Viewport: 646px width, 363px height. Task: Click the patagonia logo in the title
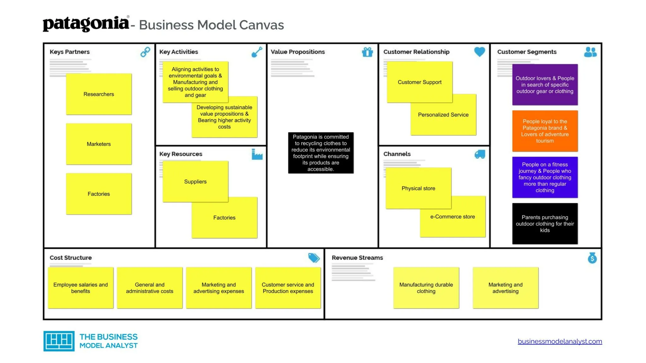coord(86,24)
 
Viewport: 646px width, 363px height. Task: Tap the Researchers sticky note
coord(99,94)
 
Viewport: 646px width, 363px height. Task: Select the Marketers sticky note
coord(99,144)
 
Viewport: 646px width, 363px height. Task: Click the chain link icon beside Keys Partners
coord(145,52)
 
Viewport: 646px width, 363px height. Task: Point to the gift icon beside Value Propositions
coord(367,52)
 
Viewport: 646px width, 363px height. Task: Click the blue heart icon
coord(479,52)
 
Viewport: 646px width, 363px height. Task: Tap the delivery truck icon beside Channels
coord(480,154)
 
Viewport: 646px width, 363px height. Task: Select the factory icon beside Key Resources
coord(257,154)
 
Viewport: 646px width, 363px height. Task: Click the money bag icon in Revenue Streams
coord(592,258)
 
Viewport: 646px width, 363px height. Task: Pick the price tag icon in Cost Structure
coord(314,258)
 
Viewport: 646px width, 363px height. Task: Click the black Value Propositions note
coord(321,153)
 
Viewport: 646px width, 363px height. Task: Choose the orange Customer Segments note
coord(545,131)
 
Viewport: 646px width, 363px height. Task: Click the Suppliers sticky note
coord(196,181)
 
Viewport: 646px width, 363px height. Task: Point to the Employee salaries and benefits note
coord(80,288)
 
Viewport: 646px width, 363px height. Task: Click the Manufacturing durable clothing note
coord(426,288)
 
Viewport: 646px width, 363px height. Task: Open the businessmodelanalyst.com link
coord(560,341)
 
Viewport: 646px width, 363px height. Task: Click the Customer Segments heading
coord(527,52)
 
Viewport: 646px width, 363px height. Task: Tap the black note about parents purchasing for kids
coord(545,223)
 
